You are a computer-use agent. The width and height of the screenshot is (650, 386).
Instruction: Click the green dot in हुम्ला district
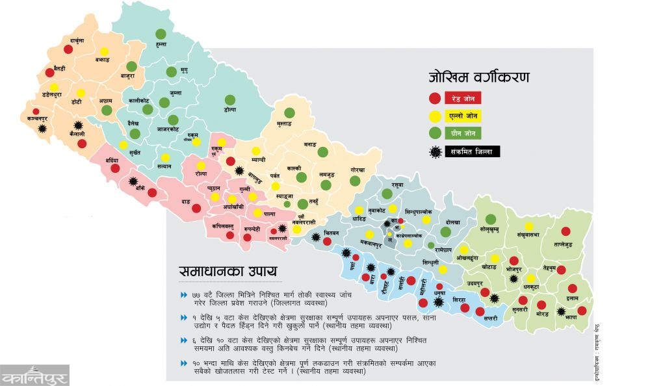(160, 34)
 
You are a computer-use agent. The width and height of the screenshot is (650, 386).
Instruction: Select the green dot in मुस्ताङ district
(289, 113)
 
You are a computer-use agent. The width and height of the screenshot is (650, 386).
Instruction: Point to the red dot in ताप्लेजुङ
(565, 231)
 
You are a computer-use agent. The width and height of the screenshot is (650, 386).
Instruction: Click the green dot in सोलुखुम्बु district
(491, 219)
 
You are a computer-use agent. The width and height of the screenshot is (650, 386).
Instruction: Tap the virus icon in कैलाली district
(78, 125)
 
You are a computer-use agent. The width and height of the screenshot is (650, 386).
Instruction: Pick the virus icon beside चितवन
(316, 237)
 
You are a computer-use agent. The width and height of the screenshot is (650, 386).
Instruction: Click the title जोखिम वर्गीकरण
(478, 77)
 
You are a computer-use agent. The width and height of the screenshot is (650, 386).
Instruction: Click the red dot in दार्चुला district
(68, 49)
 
